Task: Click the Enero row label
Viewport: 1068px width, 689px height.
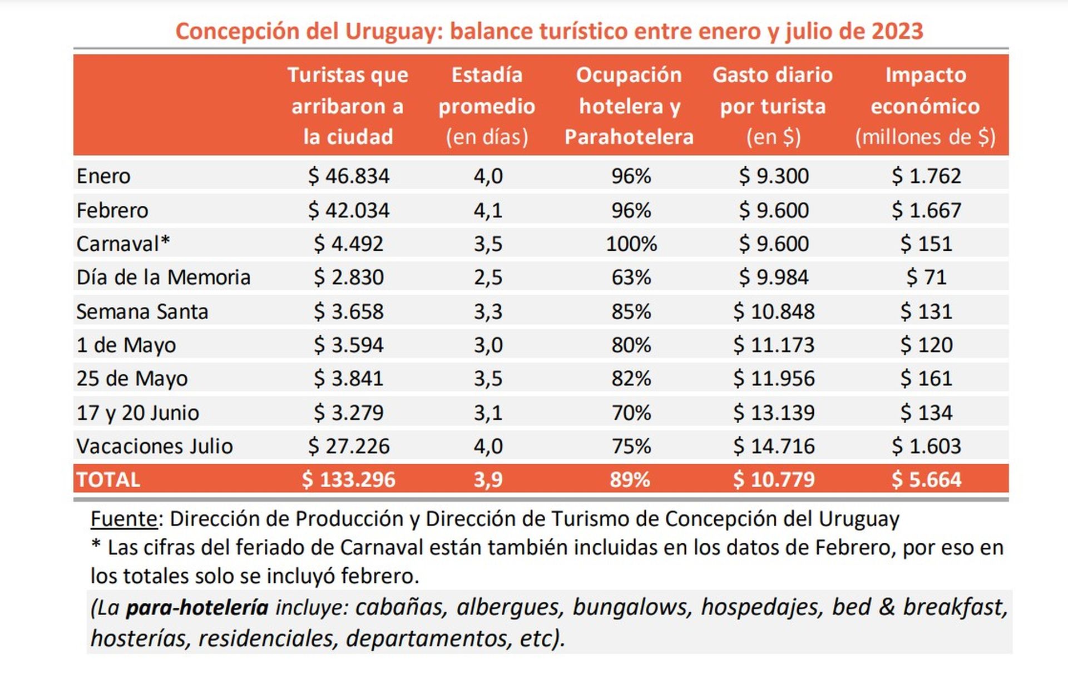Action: (x=103, y=176)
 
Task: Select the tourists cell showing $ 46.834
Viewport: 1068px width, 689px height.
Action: (x=349, y=176)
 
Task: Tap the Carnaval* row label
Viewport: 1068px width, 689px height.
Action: (x=123, y=244)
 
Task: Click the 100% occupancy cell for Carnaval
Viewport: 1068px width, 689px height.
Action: (x=631, y=244)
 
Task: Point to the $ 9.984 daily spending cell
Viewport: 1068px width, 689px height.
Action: (x=773, y=277)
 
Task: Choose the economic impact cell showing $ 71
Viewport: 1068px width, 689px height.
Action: (x=926, y=277)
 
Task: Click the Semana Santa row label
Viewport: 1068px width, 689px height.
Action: (x=142, y=312)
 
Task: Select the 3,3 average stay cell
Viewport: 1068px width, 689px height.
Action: (x=488, y=312)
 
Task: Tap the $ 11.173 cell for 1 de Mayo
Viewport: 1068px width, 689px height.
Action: (x=773, y=345)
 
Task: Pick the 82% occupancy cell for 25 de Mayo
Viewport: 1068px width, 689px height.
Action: (x=631, y=379)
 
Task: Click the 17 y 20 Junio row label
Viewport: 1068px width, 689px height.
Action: (x=137, y=413)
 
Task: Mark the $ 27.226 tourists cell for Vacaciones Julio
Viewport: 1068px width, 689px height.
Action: (x=349, y=447)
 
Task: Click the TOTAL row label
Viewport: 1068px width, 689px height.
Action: (x=108, y=480)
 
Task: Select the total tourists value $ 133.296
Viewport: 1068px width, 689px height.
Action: (x=348, y=480)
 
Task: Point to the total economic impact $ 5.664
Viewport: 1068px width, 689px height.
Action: (x=926, y=480)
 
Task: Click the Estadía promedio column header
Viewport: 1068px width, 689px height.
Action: (x=487, y=106)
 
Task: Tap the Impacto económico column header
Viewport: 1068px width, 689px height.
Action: (x=925, y=106)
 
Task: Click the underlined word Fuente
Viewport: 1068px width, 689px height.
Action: (x=124, y=519)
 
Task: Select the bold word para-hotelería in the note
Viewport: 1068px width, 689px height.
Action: (x=197, y=607)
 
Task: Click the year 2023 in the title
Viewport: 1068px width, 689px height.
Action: (x=897, y=32)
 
